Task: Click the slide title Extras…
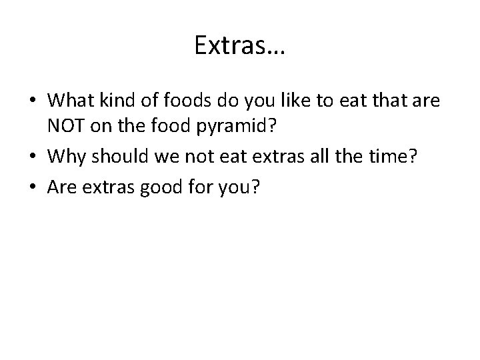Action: (x=239, y=45)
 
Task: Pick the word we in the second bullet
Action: (x=163, y=157)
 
